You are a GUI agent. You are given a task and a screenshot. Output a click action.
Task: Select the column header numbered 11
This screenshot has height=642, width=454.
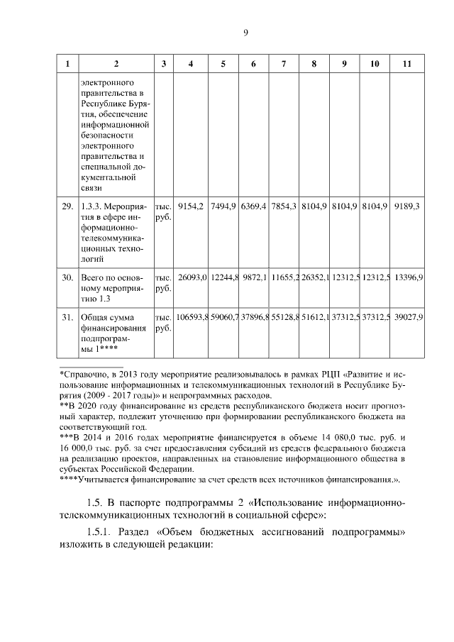coord(406,64)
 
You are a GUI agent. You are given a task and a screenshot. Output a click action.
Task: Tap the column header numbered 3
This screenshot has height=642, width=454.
coord(163,64)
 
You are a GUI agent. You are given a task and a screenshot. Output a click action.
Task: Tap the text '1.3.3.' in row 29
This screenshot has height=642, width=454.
coord(94,206)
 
